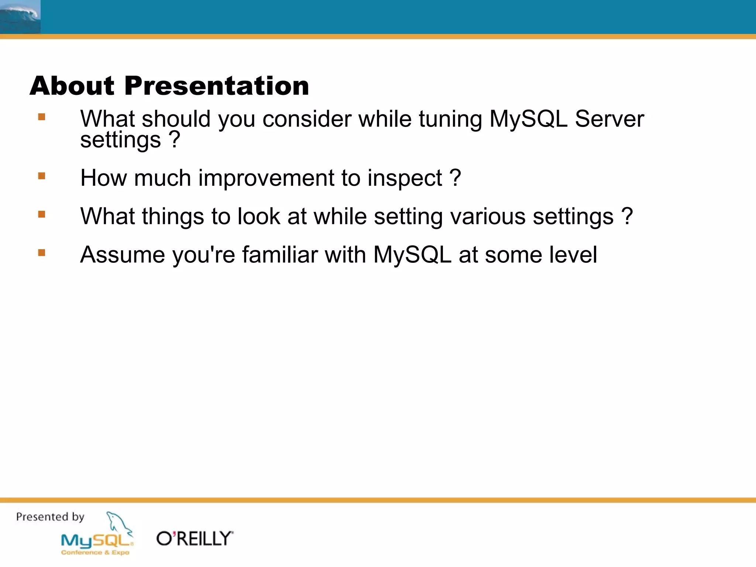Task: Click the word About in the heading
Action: coord(72,86)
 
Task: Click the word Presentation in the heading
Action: coord(217,86)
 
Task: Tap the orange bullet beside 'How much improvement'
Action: coord(41,176)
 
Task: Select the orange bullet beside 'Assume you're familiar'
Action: coord(41,252)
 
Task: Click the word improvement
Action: coord(266,178)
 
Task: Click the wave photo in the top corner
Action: coord(20,17)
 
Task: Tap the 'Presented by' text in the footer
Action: coord(50,517)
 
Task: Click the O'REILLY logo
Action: coord(195,539)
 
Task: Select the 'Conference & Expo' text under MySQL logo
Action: coord(95,553)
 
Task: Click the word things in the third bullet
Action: coord(173,217)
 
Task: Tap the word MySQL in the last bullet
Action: coord(412,255)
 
